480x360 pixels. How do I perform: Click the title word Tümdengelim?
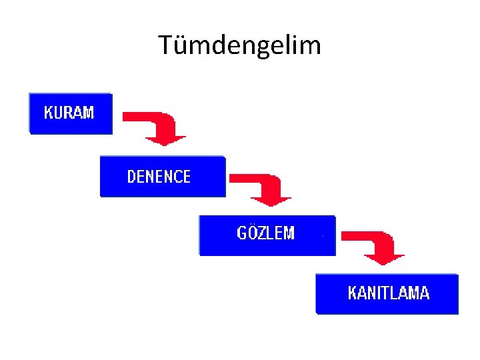(x=240, y=45)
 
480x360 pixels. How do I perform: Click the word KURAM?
(x=69, y=113)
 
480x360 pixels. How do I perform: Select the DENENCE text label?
(x=159, y=177)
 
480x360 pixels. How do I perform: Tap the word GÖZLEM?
(x=265, y=233)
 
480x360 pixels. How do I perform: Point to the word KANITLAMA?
(x=389, y=293)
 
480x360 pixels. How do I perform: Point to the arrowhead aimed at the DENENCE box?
(x=166, y=139)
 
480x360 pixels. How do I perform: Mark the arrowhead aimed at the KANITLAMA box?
(x=387, y=258)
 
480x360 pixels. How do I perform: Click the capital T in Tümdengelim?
(x=166, y=45)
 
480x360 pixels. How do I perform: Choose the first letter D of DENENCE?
(x=131, y=177)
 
